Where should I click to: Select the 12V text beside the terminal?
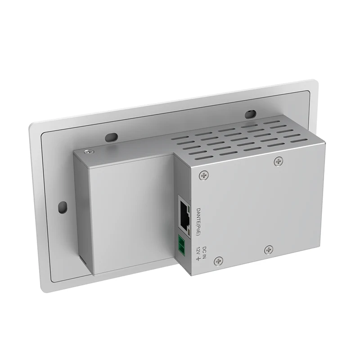coord(198,250)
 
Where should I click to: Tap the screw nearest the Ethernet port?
coord(204,175)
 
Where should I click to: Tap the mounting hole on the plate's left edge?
coord(62,207)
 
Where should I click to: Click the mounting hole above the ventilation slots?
coord(251,114)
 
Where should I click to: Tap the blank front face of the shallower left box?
coord(130,211)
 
